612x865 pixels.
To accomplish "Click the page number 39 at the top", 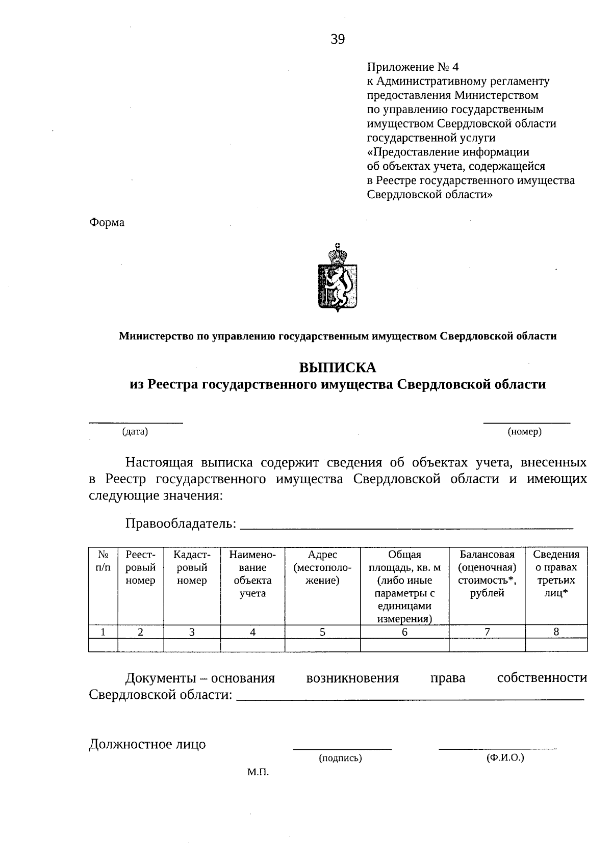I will tap(338, 39).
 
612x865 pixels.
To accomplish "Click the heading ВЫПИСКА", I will tap(337, 367).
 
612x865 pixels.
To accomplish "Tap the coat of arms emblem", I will tap(337, 278).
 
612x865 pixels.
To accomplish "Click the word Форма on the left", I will tap(107, 223).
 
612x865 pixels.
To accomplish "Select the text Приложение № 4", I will tap(413, 67).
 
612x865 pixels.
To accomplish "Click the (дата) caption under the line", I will tap(135, 432).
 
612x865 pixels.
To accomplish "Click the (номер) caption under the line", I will tap(525, 432).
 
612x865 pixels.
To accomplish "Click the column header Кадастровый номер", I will tap(192, 567).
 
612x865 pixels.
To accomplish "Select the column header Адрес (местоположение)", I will tap(322, 567).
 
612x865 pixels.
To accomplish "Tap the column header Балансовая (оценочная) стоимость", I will tap(487, 573).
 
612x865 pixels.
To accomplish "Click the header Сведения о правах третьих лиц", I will tap(556, 573).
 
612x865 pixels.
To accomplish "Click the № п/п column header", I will tap(103, 561).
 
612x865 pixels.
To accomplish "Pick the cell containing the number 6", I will tap(404, 632).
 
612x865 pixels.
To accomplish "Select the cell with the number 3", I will tap(192, 632).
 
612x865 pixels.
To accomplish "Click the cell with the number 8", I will tap(556, 632).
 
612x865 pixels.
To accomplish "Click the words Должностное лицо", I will tap(147, 744).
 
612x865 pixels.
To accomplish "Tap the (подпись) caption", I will tap(340, 758).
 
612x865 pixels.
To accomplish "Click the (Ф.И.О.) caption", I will tap(505, 757).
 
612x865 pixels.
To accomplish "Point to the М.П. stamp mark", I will tap(258, 773).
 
